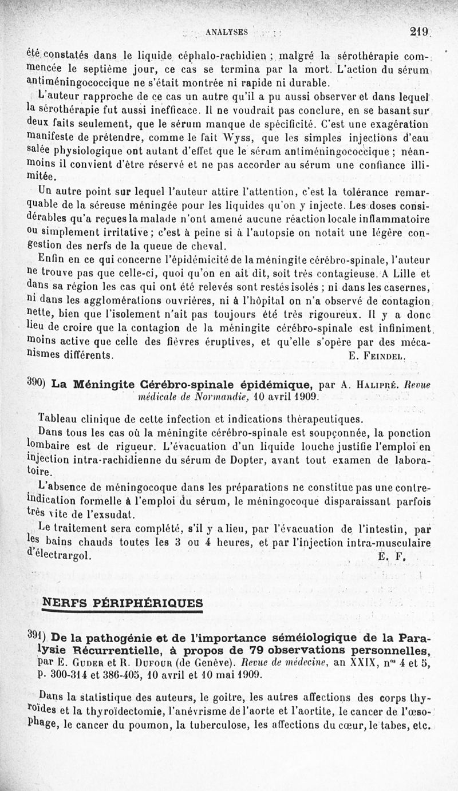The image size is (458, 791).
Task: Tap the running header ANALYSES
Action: (227, 33)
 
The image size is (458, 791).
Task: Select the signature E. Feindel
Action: (377, 355)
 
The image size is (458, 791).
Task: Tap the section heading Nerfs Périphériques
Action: (123, 603)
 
